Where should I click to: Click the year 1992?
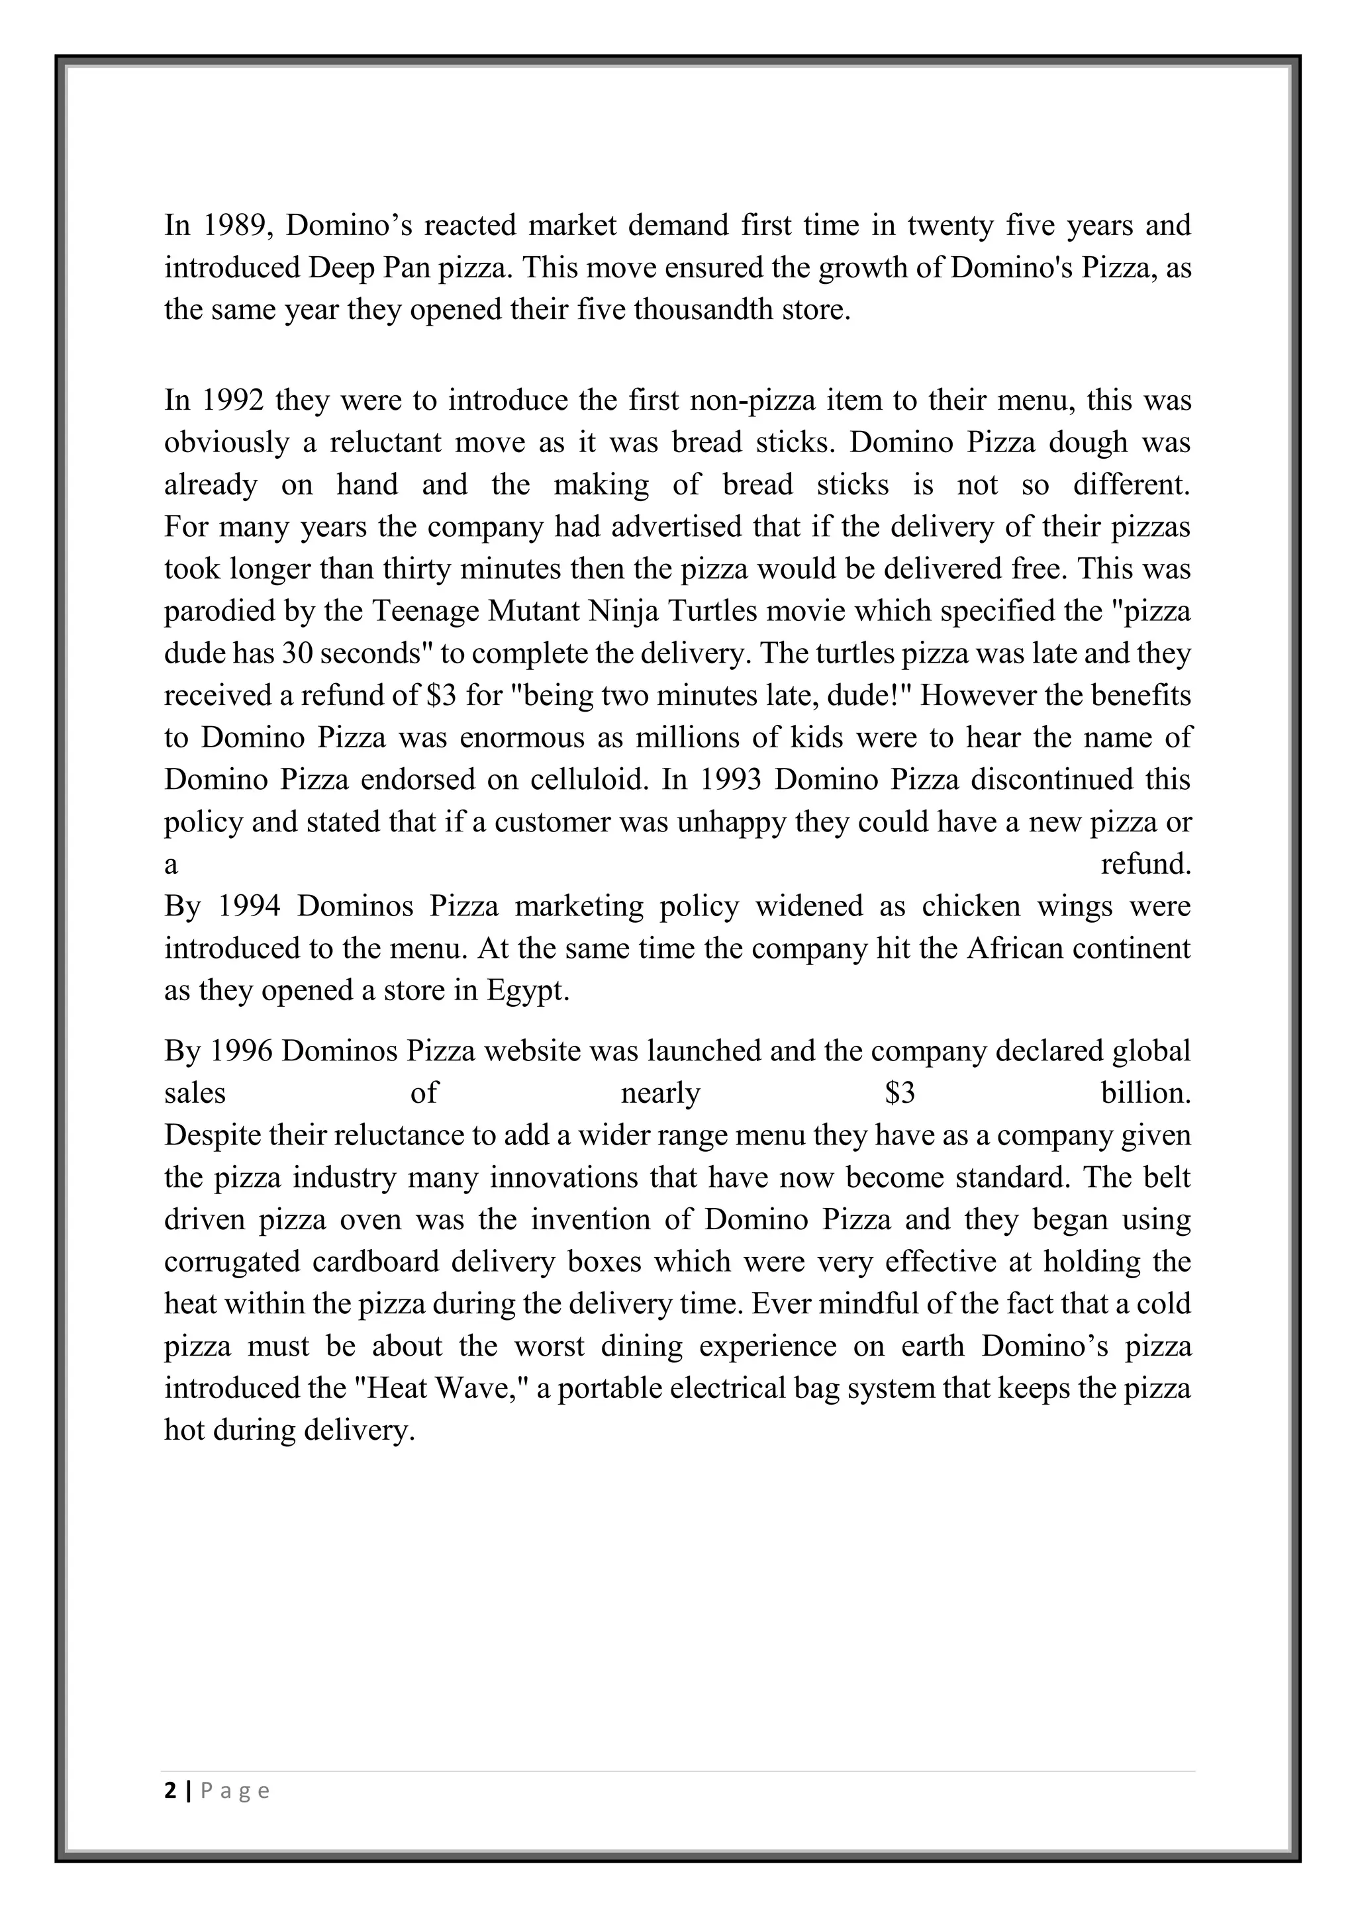(233, 400)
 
